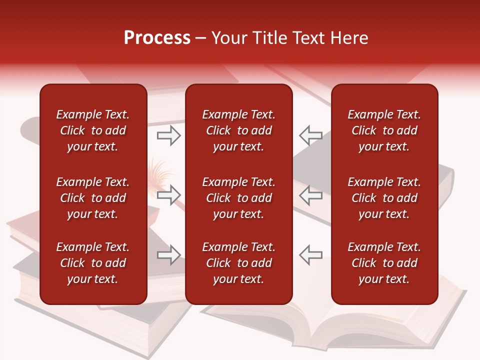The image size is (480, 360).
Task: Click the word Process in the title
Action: click(x=157, y=38)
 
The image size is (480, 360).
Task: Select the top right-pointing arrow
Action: click(x=168, y=135)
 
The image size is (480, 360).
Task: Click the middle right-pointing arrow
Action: click(x=168, y=194)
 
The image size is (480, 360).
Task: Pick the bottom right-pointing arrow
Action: click(x=168, y=255)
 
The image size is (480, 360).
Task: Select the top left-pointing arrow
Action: click(x=310, y=135)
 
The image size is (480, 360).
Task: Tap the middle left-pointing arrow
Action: click(x=310, y=194)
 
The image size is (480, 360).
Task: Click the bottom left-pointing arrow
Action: click(x=310, y=255)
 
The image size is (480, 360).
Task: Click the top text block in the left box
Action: click(x=93, y=130)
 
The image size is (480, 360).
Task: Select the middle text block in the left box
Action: click(x=93, y=198)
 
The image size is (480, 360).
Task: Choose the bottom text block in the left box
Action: click(x=93, y=263)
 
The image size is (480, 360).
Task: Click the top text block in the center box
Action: click(x=239, y=130)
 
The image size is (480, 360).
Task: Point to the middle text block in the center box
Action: click(x=239, y=198)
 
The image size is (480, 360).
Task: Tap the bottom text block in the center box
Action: click(x=239, y=263)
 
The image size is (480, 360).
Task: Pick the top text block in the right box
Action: click(x=384, y=130)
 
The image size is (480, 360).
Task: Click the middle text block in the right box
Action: click(x=384, y=198)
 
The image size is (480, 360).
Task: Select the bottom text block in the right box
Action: click(x=384, y=263)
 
